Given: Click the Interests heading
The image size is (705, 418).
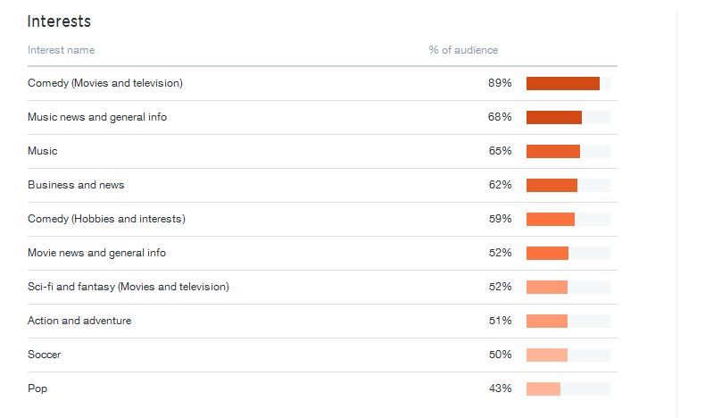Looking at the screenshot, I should pyautogui.click(x=59, y=21).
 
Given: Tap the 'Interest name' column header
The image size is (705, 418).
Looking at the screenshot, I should pyautogui.click(x=61, y=50).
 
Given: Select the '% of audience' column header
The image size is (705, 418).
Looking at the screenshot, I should pyautogui.click(x=463, y=50).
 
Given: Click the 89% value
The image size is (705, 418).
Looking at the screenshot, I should pyautogui.click(x=500, y=83).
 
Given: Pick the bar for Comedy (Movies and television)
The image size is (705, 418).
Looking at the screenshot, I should pyautogui.click(x=563, y=83).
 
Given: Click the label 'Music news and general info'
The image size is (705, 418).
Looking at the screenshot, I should pyautogui.click(x=97, y=117).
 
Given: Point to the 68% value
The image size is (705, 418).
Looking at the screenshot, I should pyautogui.click(x=500, y=117).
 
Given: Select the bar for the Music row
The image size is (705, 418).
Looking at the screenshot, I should pyautogui.click(x=553, y=151).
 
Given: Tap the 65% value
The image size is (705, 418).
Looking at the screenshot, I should pyautogui.click(x=500, y=151).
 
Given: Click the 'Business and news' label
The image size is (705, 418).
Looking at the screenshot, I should pyautogui.click(x=76, y=185).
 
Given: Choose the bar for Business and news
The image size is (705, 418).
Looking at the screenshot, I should pyautogui.click(x=552, y=185).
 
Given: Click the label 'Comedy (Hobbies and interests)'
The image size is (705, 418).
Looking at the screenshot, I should pyautogui.click(x=106, y=219).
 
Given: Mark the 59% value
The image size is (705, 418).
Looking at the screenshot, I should pyautogui.click(x=500, y=219).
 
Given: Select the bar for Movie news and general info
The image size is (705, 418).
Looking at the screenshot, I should pyautogui.click(x=547, y=253).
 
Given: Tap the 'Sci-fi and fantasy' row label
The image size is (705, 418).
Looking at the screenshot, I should pyautogui.click(x=129, y=287).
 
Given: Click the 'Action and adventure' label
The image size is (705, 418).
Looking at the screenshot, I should pyautogui.click(x=79, y=321).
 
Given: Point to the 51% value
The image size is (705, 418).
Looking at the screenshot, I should pyautogui.click(x=500, y=321).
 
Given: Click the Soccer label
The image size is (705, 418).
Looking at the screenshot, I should pyautogui.click(x=45, y=355).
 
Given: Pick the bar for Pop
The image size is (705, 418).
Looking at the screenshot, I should pyautogui.click(x=543, y=389).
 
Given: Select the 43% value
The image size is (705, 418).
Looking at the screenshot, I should pyautogui.click(x=500, y=389).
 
